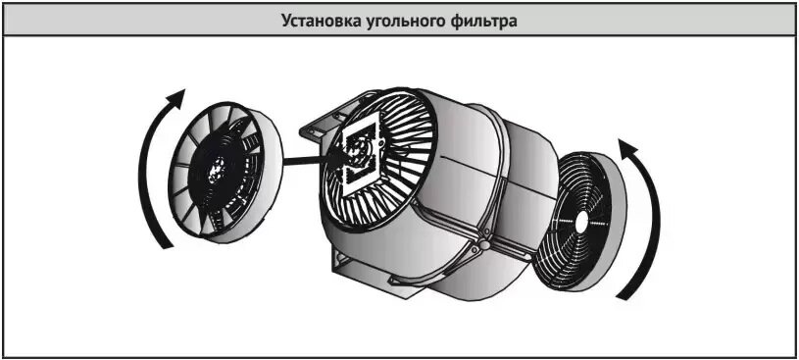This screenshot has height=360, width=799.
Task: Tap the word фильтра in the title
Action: (x=478, y=22)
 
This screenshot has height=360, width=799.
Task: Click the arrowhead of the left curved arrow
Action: (x=175, y=99)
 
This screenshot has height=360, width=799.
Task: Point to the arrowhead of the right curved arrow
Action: (x=628, y=148)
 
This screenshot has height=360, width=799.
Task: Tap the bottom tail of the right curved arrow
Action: (x=623, y=294)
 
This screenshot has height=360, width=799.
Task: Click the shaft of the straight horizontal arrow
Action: (x=307, y=161)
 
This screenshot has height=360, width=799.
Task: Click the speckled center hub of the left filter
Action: (x=216, y=171)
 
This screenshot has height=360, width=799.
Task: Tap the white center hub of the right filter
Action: (x=580, y=223)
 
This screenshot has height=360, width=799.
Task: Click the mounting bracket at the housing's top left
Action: (x=320, y=127)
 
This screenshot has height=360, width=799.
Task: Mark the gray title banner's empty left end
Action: (x=137, y=22)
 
